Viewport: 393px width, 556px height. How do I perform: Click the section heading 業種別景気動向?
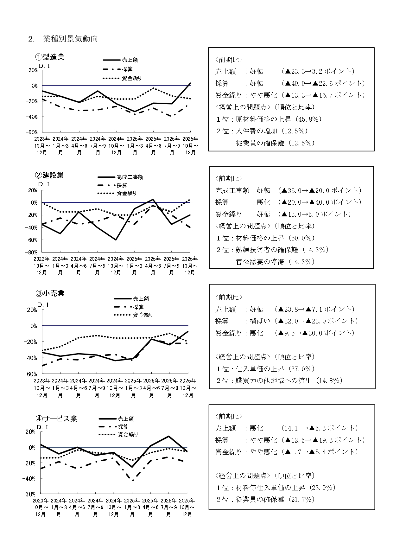pos(70,39)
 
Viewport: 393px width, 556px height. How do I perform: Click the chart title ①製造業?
pos(50,57)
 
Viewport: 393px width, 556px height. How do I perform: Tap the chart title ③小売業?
pos(50,293)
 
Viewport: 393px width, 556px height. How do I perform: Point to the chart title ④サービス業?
pos(56,419)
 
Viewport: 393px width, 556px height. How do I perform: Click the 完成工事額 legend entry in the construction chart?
pos(130,177)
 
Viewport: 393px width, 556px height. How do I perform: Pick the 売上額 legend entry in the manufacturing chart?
pos(130,60)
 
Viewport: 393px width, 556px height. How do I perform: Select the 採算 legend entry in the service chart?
pos(123,427)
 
